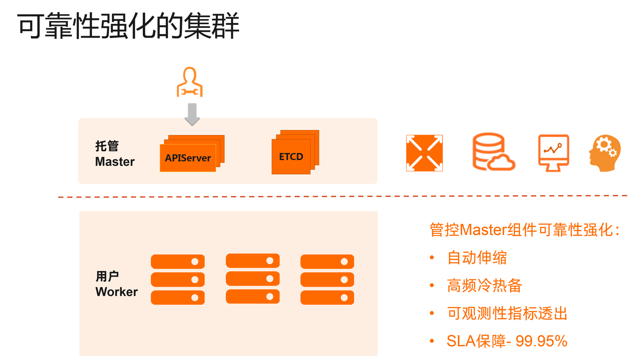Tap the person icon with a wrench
tap(190, 82)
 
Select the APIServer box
tap(188, 158)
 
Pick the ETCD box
tap(291, 157)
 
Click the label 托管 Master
tap(115, 154)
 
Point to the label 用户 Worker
tap(116, 284)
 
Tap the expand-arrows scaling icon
tap(424, 153)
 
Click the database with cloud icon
tap(493, 152)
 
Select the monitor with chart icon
tap(553, 152)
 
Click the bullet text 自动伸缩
tap(477, 258)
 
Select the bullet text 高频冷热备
tap(484, 285)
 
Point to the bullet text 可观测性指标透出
tap(507, 313)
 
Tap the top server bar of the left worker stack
tap(178, 262)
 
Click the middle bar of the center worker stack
tap(253, 279)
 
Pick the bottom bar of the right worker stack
tap(327, 298)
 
